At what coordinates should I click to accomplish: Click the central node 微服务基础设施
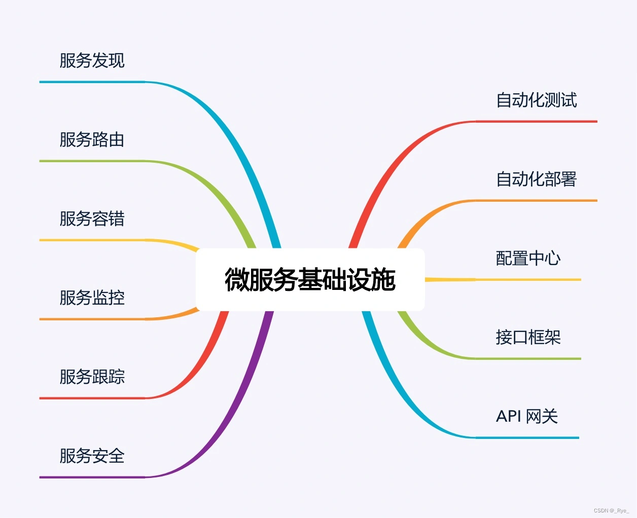310,280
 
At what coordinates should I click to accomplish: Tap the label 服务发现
92,61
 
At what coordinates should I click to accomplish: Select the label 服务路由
92,140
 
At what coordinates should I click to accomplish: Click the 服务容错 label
92,219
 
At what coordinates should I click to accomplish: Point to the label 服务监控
92,298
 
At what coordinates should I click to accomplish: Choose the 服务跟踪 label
92,377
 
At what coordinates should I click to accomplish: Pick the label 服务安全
92,456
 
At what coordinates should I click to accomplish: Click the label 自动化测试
536,100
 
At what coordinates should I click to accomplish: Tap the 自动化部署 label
536,179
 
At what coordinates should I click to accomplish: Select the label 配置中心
528,258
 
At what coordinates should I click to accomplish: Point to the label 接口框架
528,338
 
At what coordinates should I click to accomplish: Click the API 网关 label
527,417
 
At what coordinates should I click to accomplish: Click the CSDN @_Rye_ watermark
611,510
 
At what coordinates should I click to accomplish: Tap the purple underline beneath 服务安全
91,477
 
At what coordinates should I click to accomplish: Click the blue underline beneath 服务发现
91,82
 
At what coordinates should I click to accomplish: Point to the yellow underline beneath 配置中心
527,280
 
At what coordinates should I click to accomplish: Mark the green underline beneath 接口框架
527,359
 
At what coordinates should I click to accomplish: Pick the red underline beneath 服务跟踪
91,398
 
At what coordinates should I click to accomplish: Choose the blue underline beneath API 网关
527,437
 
